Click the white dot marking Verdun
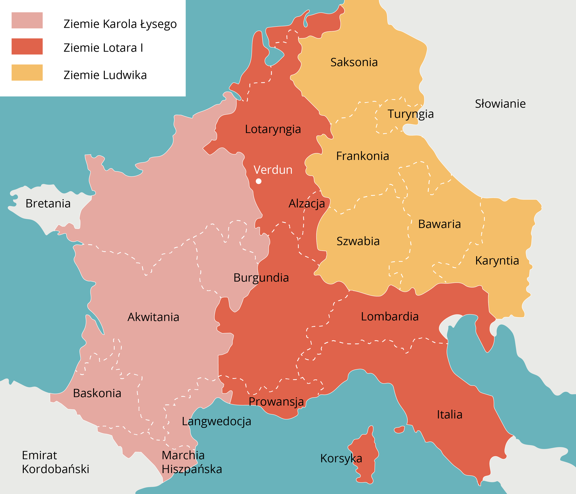pos(259,181)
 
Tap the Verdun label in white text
pos(273,170)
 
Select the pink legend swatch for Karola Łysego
pos(27,20)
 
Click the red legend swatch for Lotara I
pos(27,46)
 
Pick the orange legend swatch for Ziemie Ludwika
pos(27,73)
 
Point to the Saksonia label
pos(354,62)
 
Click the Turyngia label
pos(410,114)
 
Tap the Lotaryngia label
pos(273,129)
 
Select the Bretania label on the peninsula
pos(48,203)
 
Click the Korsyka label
pos(341,458)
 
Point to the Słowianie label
pos(500,104)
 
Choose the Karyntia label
pos(497,261)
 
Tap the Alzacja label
pos(307,203)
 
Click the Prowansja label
pos(276,402)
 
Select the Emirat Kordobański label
pos(56,462)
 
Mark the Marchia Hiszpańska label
pos(192,462)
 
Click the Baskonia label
pos(97,393)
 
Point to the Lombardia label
pos(390,316)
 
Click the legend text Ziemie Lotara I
pos(103,48)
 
